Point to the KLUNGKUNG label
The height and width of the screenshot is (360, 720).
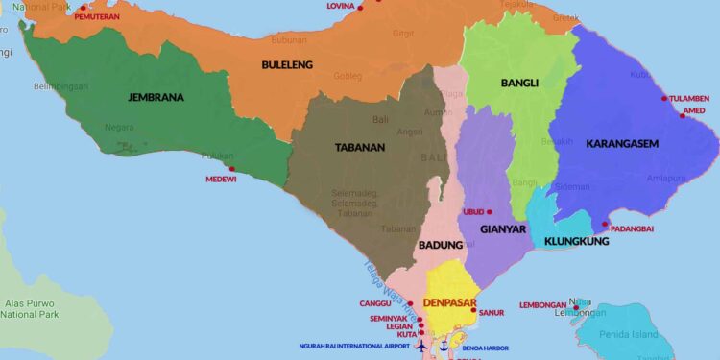[576, 241]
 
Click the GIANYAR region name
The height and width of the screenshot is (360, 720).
[504, 229]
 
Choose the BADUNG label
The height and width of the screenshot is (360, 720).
[440, 245]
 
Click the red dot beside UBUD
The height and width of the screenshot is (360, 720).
[490, 211]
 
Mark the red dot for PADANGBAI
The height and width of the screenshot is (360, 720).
[605, 225]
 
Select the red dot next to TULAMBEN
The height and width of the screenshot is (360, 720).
[664, 98]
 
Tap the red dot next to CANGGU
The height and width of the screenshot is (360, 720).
[411, 303]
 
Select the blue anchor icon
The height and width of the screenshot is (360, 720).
[444, 345]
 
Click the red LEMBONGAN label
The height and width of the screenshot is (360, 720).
[542, 305]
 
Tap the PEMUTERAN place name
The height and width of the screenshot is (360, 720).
[96, 17]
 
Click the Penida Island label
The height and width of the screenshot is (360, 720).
[632, 334]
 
